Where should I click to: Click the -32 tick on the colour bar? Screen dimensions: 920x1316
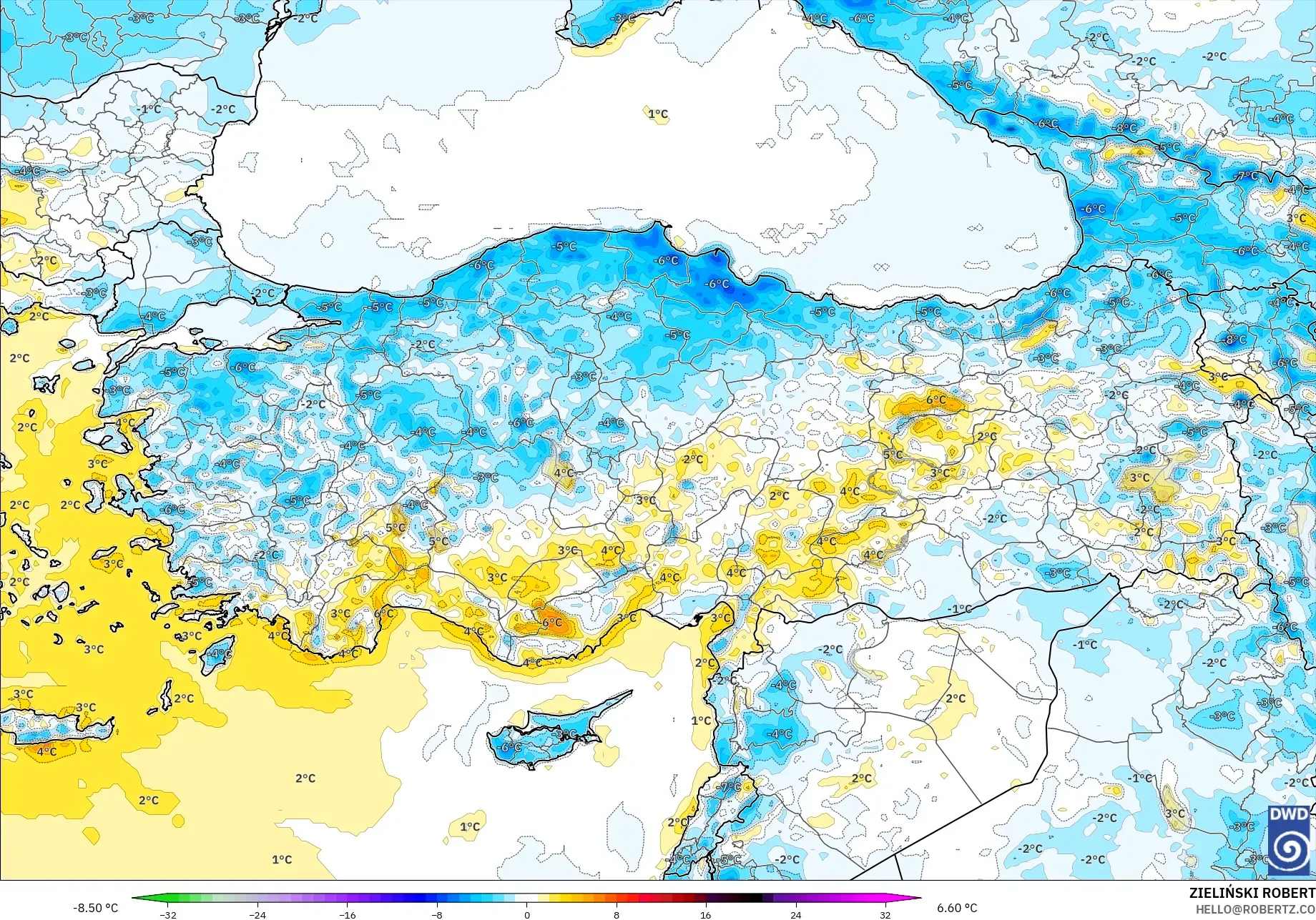(167, 914)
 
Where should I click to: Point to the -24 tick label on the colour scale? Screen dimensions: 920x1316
(257, 914)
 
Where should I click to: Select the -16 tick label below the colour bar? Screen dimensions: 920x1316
(348, 914)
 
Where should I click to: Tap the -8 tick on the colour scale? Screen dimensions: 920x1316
(437, 914)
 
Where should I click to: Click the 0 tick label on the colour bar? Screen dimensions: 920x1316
(527, 914)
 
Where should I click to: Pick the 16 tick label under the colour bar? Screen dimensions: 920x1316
(706, 914)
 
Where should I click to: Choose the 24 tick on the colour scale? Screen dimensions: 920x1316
(795, 914)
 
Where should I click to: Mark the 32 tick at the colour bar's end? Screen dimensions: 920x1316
(885, 914)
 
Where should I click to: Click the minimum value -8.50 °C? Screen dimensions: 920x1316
(95, 908)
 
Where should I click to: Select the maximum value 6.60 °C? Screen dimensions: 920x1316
(957, 908)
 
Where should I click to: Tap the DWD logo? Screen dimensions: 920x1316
(1290, 841)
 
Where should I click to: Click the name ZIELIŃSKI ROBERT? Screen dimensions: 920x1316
(1252, 893)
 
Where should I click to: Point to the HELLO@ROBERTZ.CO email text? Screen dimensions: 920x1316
(1255, 909)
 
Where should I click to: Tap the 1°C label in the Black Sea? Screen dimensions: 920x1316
(658, 114)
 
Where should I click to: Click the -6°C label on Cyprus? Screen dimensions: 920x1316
(511, 747)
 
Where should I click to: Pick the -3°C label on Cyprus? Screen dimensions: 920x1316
(566, 734)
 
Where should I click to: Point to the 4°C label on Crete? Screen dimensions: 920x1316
(46, 751)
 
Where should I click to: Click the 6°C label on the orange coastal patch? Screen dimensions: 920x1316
(551, 623)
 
